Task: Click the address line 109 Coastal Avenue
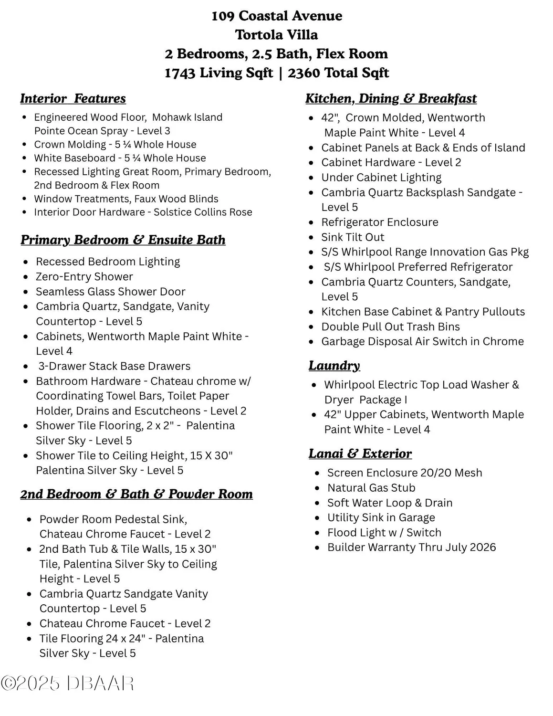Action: click(276, 16)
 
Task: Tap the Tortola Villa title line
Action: click(276, 35)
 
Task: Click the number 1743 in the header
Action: click(180, 73)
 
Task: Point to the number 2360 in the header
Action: click(303, 73)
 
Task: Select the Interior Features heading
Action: click(73, 99)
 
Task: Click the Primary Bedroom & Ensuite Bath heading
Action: click(123, 240)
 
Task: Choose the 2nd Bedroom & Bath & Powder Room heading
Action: click(136, 494)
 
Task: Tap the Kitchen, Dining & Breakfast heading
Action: click(391, 99)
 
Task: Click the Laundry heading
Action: click(334, 366)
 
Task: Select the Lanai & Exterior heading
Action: click(360, 453)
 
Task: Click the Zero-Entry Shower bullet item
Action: click(84, 277)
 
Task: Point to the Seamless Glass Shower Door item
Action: click(110, 292)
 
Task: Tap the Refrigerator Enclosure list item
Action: click(379, 222)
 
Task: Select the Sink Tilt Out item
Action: click(353, 237)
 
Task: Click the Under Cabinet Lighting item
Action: click(381, 178)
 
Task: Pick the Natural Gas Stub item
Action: click(371, 488)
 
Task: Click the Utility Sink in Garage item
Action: click(381, 517)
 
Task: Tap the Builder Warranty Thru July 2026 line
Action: click(411, 548)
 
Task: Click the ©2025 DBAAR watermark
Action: click(67, 684)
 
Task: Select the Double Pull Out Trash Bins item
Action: click(390, 327)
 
